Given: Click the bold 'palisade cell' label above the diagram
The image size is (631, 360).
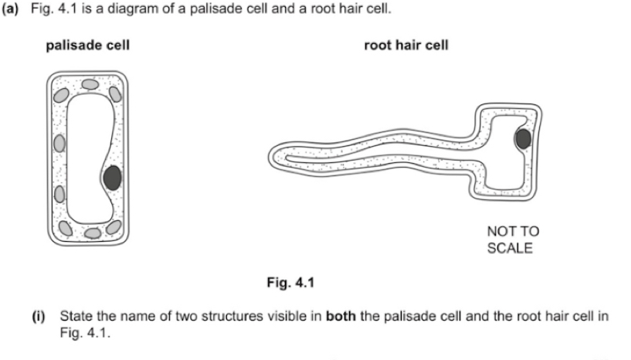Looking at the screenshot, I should tap(87, 46).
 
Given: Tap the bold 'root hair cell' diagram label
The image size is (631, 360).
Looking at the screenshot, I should tap(405, 46).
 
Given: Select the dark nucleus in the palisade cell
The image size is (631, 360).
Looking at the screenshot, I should tap(112, 178).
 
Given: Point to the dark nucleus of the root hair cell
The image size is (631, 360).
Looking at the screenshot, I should tap(523, 139).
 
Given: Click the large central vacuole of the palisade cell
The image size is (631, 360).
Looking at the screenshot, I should tap(87, 155).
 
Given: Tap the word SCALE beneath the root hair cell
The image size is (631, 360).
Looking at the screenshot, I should tap(510, 248).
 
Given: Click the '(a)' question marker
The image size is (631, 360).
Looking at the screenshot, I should tap(12, 8).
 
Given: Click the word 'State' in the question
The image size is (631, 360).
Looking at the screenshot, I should tap(76, 317).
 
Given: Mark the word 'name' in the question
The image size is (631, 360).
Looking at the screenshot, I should tap(144, 317).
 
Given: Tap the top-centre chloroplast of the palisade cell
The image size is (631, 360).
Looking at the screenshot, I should tap(90, 82).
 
